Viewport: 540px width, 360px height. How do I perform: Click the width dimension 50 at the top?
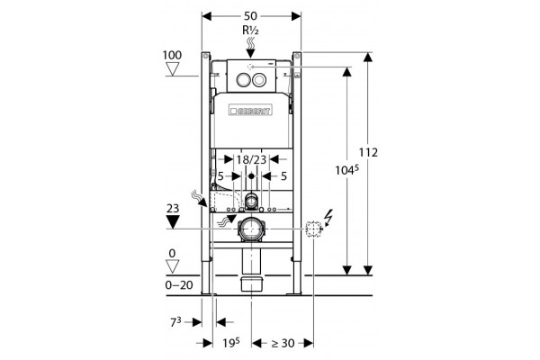pos(251,16)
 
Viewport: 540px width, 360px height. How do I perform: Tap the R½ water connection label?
pos(250,31)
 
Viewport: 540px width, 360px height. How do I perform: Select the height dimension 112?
pos(368,152)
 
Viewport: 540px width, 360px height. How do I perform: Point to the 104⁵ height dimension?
pos(347,169)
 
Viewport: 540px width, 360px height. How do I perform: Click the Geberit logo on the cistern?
pos(251,111)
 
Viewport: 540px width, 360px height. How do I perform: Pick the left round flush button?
pos(243,80)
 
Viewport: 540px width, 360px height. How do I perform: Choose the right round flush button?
pos(259,80)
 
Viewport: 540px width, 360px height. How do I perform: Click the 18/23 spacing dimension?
pos(251,159)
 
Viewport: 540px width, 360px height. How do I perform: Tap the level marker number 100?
pos(172,55)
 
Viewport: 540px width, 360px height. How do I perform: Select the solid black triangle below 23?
pos(173,221)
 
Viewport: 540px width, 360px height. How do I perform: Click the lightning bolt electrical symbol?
pos(328,218)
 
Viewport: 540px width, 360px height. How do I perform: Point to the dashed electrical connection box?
pos(313,229)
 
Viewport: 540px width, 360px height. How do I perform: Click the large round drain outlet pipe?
pos(251,229)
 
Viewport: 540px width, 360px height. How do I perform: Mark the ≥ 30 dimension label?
pos(283,343)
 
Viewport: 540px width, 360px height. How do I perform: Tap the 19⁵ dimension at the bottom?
pos(230,343)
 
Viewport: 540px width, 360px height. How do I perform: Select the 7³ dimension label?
pos(175,322)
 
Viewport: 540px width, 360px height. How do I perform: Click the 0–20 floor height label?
pos(179,285)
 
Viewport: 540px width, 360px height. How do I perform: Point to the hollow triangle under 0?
pos(173,266)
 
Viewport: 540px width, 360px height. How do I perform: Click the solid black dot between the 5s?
pos(251,176)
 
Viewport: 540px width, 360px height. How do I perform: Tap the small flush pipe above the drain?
pos(251,201)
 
